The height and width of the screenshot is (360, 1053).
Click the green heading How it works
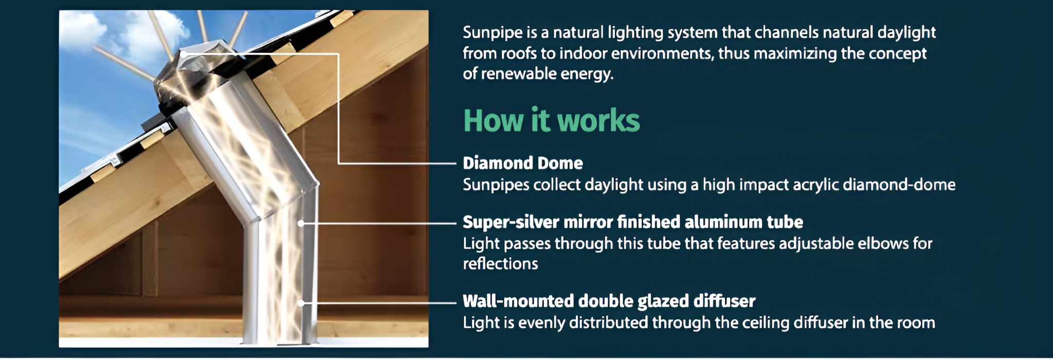pos(551,120)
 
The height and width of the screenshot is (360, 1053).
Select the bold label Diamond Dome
pos(522,163)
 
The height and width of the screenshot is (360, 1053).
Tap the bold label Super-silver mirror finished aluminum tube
pos(632,222)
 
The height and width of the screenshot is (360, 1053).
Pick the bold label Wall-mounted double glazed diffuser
pos(609,301)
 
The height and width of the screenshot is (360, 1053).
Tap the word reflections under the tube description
pos(500,264)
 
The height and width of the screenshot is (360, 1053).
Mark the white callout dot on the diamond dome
pos(184,53)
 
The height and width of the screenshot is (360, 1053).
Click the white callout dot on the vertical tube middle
pos(301,223)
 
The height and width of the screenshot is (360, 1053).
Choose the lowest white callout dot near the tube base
pos(301,303)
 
